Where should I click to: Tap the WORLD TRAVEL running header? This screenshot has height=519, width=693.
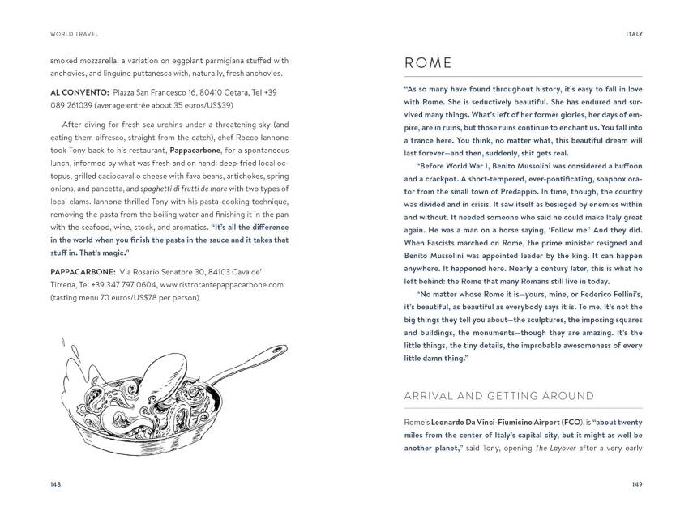pyautogui.click(x=69, y=33)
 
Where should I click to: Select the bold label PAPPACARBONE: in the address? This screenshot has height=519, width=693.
pyautogui.click(x=80, y=273)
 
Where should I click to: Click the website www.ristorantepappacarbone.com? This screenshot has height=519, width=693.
pyautogui.click(x=224, y=285)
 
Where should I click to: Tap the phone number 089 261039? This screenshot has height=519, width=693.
pyautogui.click(x=78, y=106)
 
